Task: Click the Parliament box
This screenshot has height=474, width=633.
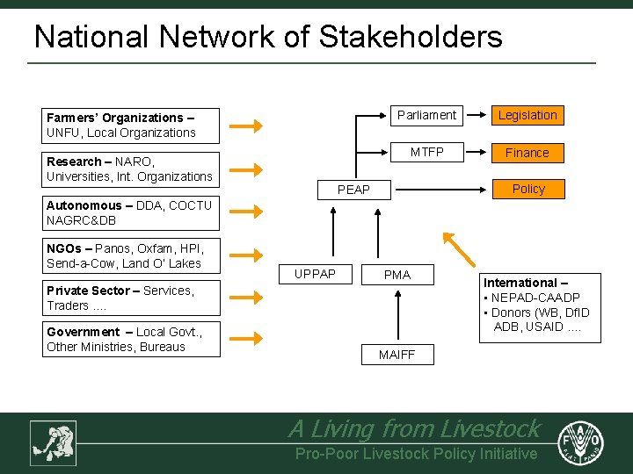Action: click(426, 115)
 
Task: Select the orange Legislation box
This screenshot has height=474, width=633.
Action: click(527, 115)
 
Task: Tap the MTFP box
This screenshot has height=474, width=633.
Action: click(427, 152)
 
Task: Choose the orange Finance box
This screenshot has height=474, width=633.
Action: click(527, 153)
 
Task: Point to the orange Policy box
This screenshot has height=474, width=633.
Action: click(527, 189)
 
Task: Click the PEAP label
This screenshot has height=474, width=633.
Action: click(354, 190)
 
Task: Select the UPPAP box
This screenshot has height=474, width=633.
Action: click(315, 275)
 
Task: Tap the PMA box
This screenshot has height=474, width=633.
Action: click(397, 275)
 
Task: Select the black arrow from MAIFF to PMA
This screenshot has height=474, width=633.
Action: click(397, 315)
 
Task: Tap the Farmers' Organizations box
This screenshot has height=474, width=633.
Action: click(132, 125)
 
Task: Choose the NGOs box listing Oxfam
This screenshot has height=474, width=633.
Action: click(132, 255)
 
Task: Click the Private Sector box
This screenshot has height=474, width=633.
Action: click(132, 298)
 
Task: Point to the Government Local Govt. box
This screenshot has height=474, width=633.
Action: click(132, 339)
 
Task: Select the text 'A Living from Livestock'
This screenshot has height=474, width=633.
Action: click(414, 428)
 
